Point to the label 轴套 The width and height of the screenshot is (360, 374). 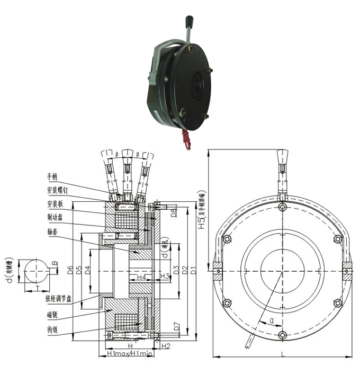click(52, 231)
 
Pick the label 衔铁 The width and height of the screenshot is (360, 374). click(52, 330)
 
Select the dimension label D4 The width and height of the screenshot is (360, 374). click(87, 270)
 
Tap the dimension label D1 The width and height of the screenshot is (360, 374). click(193, 271)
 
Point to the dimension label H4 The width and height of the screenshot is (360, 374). click(141, 277)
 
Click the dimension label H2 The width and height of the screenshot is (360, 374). click(166, 346)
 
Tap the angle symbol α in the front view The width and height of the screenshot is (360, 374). click(272, 320)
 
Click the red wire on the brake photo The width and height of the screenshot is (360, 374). click(186, 139)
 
